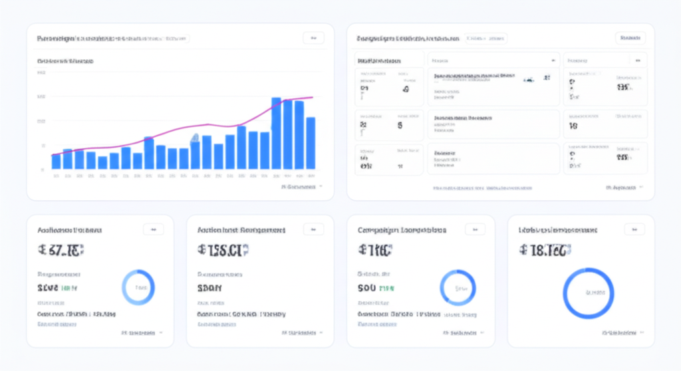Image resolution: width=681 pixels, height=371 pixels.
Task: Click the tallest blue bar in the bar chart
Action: coord(276,134)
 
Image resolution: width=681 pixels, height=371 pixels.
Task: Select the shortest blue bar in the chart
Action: coord(102,163)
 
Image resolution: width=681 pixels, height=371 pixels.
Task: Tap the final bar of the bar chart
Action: coord(311,143)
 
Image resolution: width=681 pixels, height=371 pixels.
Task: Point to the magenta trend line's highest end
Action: coord(311,98)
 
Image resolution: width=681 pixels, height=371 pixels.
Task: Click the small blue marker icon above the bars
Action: coord(195,138)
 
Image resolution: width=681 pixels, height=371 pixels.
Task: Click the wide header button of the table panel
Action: coord(630,38)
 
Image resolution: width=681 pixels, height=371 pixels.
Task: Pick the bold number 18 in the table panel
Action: coord(573,125)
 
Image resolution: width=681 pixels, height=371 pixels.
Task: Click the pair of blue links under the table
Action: coord(483,188)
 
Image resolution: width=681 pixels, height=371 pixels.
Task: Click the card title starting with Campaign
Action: coord(402,230)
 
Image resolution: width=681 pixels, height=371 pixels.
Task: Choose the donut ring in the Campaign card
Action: coord(458,288)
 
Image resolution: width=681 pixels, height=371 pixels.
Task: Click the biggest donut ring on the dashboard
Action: coord(588,293)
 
